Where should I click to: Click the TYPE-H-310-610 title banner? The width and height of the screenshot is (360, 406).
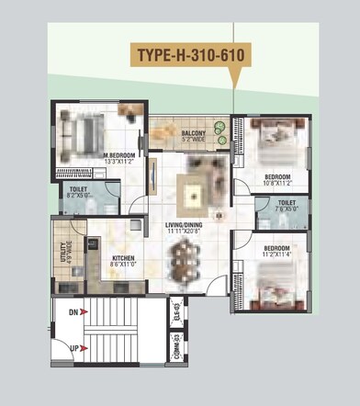[x=190, y=55]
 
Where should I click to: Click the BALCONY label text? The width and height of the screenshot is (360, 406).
[x=193, y=134]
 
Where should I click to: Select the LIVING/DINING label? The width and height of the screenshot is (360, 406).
[x=184, y=225]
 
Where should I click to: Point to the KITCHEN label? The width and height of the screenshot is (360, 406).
[x=124, y=259]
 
